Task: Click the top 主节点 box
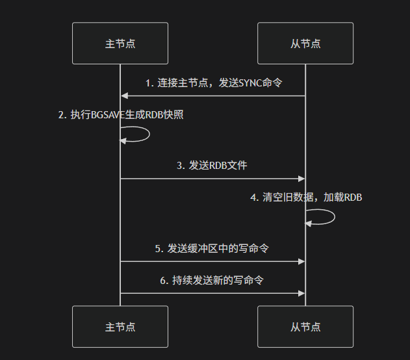[x=120, y=44]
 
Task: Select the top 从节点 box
[x=305, y=44]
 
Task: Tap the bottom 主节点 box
[x=120, y=327]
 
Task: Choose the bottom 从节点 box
[x=305, y=327]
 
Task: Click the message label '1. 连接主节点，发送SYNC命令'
[x=214, y=83]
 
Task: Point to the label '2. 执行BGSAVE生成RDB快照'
[x=121, y=115]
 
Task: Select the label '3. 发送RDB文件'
[x=212, y=166]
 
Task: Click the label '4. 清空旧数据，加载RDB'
[x=306, y=198]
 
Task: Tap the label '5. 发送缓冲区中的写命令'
[x=212, y=248]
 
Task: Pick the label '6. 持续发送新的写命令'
[x=212, y=280]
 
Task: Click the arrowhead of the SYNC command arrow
[x=124, y=96]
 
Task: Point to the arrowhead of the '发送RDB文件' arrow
[x=301, y=178]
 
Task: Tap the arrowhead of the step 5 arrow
[x=301, y=261]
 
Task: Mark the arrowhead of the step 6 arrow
[x=301, y=293]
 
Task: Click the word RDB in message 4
[x=352, y=198]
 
